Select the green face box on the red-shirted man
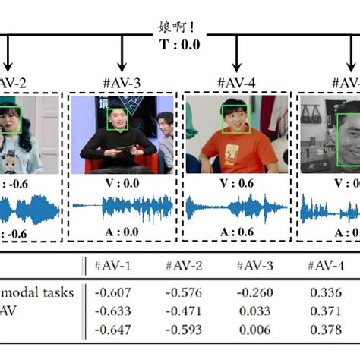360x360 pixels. coord(235,118)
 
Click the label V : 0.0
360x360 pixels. coord(122,183)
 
